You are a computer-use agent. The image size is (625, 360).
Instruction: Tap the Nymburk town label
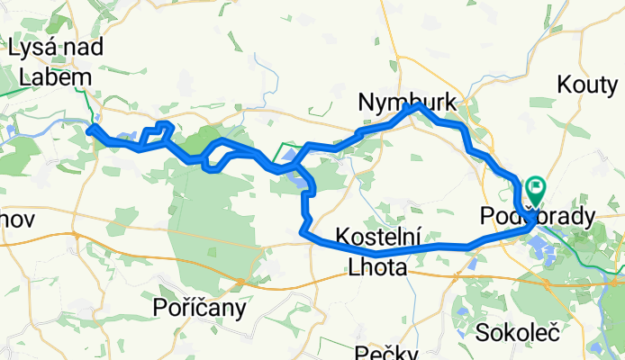tap(406, 102)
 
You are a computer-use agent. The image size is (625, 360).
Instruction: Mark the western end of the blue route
tap(90, 130)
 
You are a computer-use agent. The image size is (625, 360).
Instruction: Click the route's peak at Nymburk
tap(415, 106)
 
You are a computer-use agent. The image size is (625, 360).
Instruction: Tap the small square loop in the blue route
tap(163, 129)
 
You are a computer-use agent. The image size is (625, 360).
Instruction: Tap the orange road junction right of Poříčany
tap(241, 283)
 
